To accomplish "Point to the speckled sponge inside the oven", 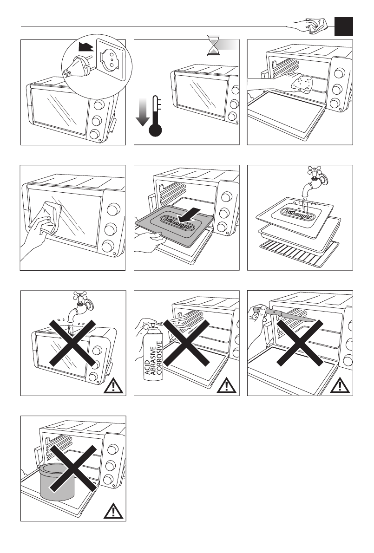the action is click(x=302, y=83).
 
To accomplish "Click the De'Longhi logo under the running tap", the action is click(x=300, y=213).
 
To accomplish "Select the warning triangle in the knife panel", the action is click(x=341, y=385).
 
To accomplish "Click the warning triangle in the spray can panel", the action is click(x=228, y=385).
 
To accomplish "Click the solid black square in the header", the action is click(x=344, y=26).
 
